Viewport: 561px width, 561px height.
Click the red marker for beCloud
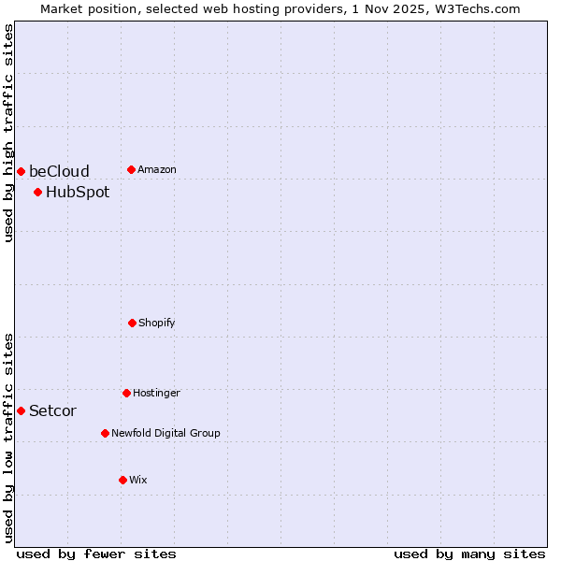click(x=21, y=171)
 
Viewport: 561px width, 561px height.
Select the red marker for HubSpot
click(x=37, y=193)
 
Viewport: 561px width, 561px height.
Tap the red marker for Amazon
click(x=131, y=169)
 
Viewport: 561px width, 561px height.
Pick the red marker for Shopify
click(x=132, y=323)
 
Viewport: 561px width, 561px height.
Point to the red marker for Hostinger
click(x=126, y=393)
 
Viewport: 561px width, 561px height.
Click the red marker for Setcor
click(x=21, y=410)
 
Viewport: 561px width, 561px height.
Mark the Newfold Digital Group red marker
click(x=105, y=433)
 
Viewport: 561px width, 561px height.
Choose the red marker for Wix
click(x=122, y=480)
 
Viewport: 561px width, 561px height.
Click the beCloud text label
click(x=59, y=171)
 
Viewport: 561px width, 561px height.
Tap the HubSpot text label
click(x=78, y=193)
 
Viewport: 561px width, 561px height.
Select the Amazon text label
click(x=157, y=169)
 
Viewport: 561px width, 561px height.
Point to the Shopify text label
click(x=157, y=323)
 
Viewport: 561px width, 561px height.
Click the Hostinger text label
click(x=156, y=393)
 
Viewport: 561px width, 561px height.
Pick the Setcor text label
click(x=52, y=410)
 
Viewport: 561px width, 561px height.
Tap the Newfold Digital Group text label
click(x=165, y=433)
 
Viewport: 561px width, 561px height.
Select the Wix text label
click(x=138, y=480)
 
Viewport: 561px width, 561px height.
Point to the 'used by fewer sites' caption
click(x=96, y=554)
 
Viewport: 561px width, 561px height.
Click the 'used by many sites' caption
click(x=469, y=554)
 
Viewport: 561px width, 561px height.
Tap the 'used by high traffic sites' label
click(x=8, y=133)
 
